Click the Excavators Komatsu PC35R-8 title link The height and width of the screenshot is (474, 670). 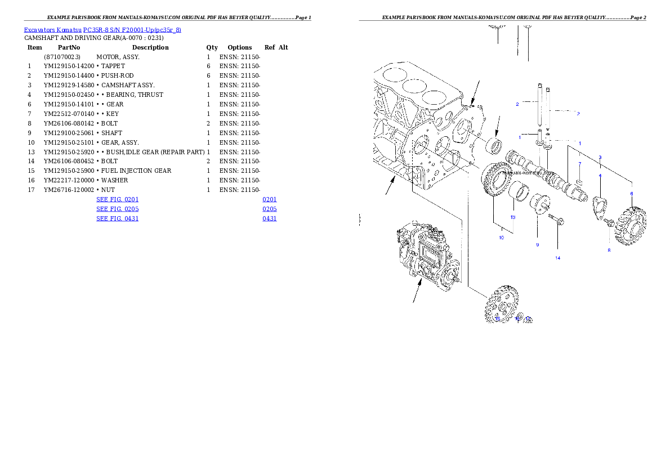tap(102, 30)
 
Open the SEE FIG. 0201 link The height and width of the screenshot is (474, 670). tap(117, 199)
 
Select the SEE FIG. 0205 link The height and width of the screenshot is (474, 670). tap(117, 209)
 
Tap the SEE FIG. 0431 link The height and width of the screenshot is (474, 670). tap(117, 218)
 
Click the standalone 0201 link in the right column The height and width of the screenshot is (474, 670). tap(270, 199)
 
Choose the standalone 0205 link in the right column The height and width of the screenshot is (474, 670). tap(270, 209)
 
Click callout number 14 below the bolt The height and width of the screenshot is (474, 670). tap(557, 258)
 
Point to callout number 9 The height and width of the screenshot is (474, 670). tap(537, 245)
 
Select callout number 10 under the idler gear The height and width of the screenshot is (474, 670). tap(501, 238)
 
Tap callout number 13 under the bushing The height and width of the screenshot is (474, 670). tap(513, 217)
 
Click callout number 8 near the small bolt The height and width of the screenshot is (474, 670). tap(609, 250)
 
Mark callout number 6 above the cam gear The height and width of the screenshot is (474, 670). tap(632, 194)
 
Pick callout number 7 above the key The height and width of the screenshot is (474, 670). tap(580, 164)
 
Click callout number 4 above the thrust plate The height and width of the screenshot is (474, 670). tap(600, 176)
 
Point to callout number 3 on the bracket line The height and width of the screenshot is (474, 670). tap(600, 157)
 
